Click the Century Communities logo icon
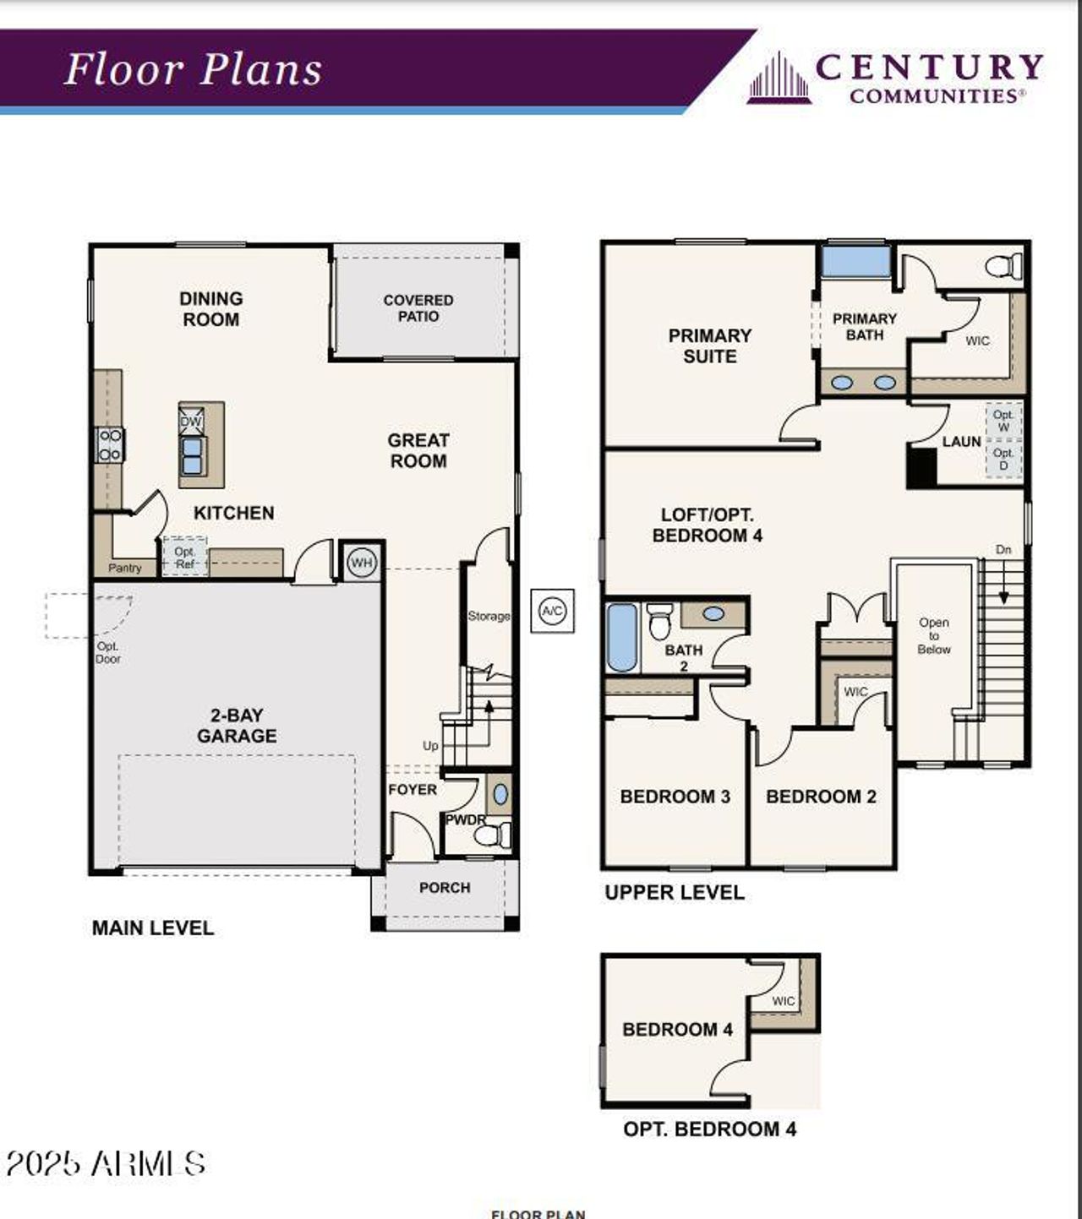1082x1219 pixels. click(x=779, y=79)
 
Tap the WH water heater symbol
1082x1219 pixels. click(x=362, y=563)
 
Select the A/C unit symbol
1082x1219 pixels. click(x=552, y=611)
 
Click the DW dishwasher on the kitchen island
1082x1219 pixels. click(x=191, y=421)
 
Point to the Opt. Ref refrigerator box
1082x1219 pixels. click(x=185, y=558)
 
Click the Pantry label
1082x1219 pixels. click(x=125, y=568)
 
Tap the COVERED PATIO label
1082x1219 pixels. click(x=418, y=308)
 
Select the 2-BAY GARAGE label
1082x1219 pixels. click(x=237, y=726)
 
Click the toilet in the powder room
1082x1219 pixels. click(x=491, y=835)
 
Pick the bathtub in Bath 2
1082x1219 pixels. click(x=622, y=638)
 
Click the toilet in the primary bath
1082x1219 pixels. click(x=1004, y=267)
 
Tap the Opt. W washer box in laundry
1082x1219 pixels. click(x=1003, y=421)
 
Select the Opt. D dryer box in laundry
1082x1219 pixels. click(x=1003, y=459)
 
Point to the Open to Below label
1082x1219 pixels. click(x=934, y=636)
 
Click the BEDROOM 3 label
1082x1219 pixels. click(x=675, y=797)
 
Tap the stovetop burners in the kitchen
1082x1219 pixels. click(x=110, y=444)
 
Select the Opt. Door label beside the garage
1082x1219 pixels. click(x=108, y=652)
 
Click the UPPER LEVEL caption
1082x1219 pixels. click(x=675, y=893)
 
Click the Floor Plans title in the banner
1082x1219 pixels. click(x=194, y=69)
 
